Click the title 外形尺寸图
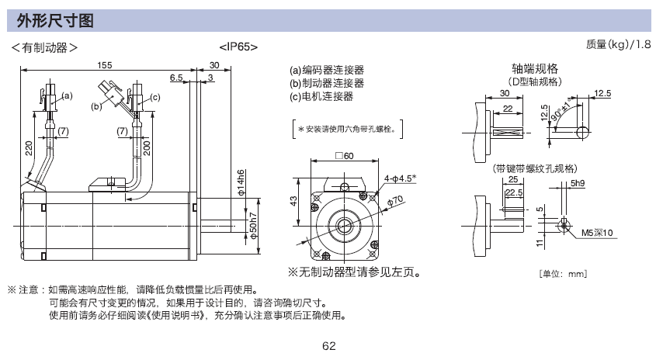(55, 20)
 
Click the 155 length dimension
(105, 65)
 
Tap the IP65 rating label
(238, 47)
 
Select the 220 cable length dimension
(29, 148)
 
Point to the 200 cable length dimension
(147, 148)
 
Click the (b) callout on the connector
(96, 106)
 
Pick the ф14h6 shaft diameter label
(241, 183)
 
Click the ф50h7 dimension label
(254, 226)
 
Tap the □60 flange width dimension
(345, 155)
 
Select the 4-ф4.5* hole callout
(401, 178)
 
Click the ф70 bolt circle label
(395, 202)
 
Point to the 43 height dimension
(293, 201)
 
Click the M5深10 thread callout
(597, 233)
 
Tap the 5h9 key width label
(578, 183)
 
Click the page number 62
(329, 346)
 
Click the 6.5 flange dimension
(176, 78)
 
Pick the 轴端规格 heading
(535, 68)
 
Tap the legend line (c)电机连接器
(321, 96)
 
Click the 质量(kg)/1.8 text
(618, 44)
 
